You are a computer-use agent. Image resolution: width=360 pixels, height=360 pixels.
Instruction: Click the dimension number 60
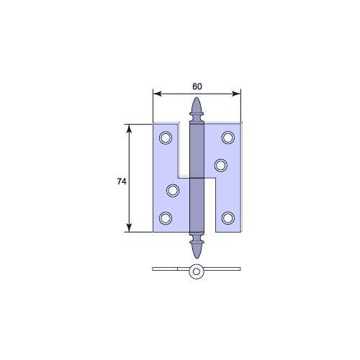pyautogui.click(x=197, y=86)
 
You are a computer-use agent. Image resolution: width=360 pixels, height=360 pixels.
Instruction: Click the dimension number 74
pyautogui.click(x=122, y=181)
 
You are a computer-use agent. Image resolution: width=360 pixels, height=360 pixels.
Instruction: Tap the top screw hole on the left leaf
pyautogui.click(x=166, y=138)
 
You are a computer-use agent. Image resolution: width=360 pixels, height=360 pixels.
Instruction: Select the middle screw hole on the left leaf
pyautogui.click(x=173, y=191)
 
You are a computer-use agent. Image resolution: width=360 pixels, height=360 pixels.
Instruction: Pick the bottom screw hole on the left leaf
pyautogui.click(x=166, y=218)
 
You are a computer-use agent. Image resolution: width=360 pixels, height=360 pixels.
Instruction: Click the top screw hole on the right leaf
pyautogui.click(x=228, y=138)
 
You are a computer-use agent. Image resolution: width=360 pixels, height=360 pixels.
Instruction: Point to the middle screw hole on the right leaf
pyautogui.click(x=221, y=166)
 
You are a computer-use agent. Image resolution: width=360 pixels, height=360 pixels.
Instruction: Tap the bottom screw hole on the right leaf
pyautogui.click(x=228, y=218)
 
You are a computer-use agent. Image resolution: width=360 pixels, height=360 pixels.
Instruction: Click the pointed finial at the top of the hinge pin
pyautogui.click(x=197, y=105)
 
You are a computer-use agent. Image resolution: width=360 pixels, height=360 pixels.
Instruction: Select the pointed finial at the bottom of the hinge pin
pyautogui.click(x=197, y=251)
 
